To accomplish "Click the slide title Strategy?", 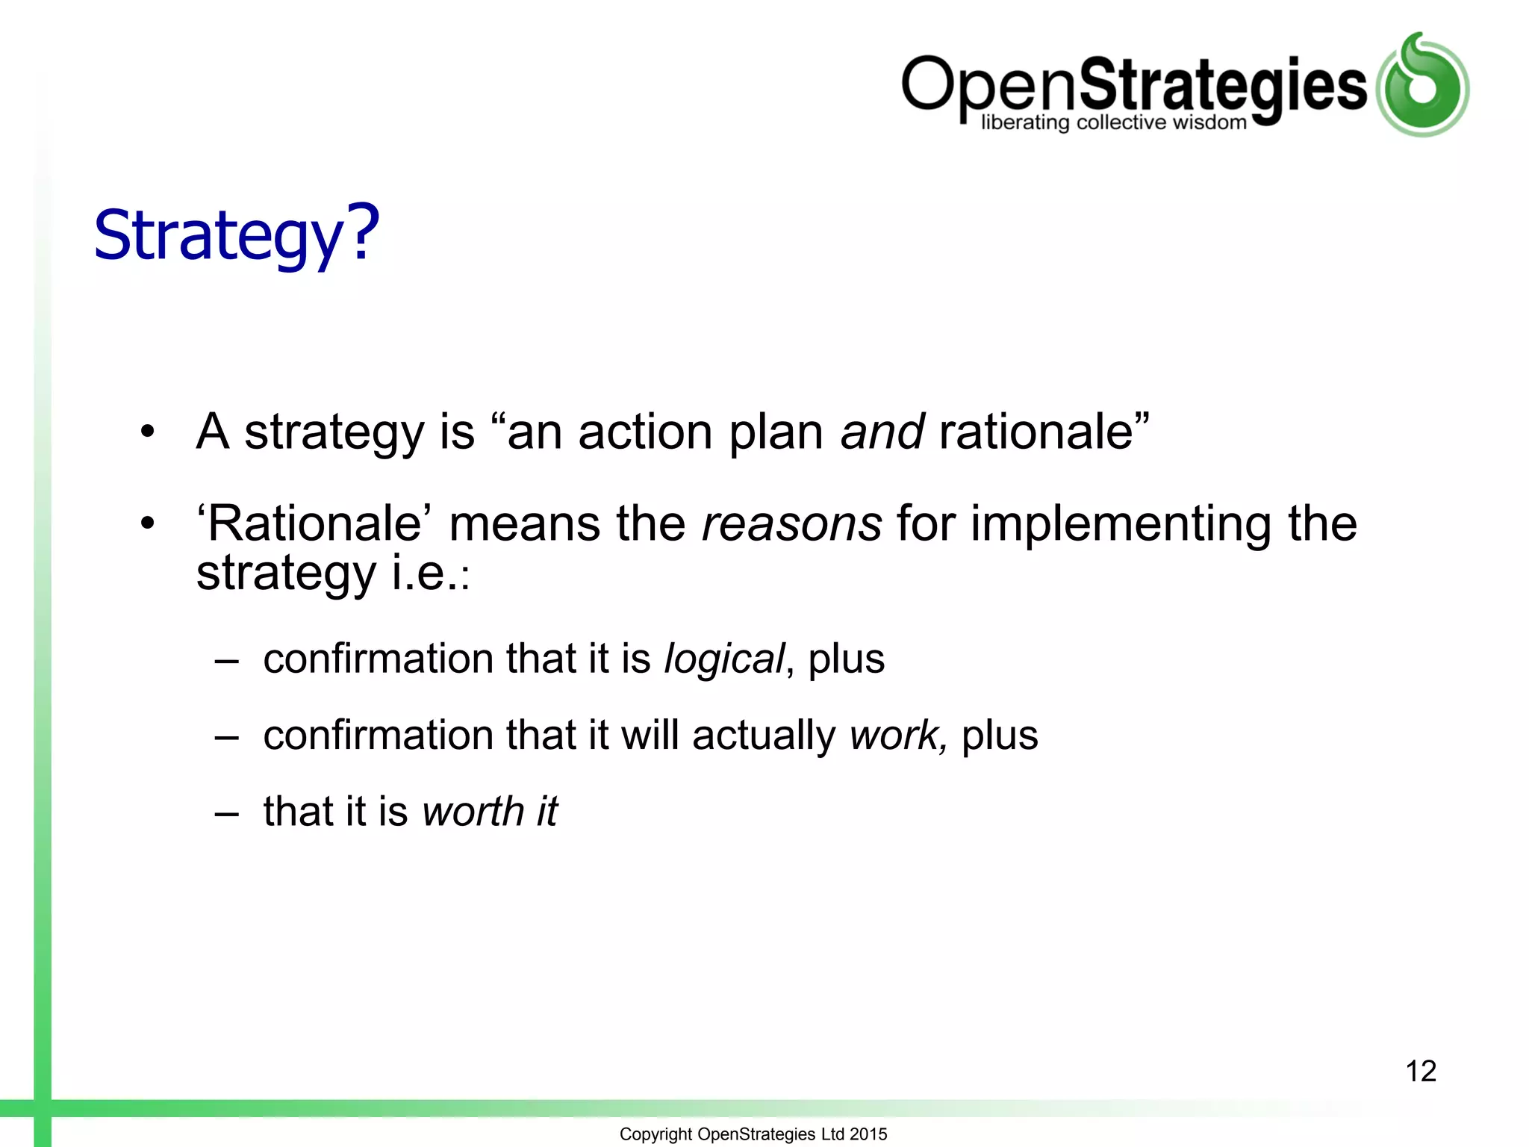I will (x=236, y=235).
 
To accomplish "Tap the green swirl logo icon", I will (x=1423, y=85).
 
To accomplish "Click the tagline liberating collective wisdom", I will (x=1113, y=123).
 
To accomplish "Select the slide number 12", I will (x=1420, y=1071).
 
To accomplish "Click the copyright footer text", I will (x=753, y=1134).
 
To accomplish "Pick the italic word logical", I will (x=723, y=659).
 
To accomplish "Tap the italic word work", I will (x=896, y=736).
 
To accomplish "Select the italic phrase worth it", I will (x=489, y=812).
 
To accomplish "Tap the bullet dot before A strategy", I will (x=148, y=432).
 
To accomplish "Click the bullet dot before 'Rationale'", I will (x=148, y=523).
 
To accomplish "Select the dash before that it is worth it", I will (x=226, y=813).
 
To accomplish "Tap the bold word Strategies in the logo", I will (x=1223, y=86).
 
